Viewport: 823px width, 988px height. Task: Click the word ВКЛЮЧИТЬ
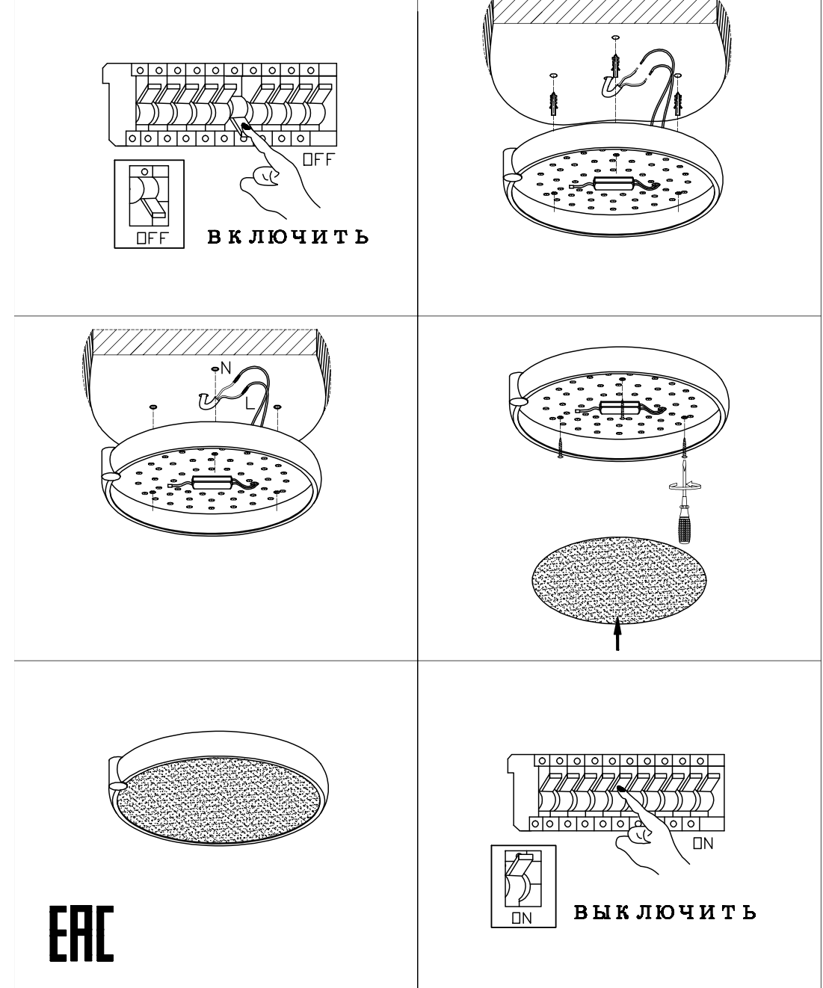tap(288, 237)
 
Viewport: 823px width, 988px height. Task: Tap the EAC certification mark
tap(82, 933)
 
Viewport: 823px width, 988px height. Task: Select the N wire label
tap(226, 368)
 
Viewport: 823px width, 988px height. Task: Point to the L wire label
tap(250, 403)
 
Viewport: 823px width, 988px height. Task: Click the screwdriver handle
tap(683, 524)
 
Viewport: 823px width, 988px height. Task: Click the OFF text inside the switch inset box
tap(152, 238)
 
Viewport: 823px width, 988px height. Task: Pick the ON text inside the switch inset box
tap(522, 918)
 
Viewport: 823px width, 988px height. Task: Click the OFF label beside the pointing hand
tap(318, 159)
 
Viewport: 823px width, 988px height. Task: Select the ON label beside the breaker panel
tap(703, 843)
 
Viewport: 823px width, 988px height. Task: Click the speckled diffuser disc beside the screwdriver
tap(619, 580)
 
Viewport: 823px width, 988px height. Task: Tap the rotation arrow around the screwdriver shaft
tap(684, 485)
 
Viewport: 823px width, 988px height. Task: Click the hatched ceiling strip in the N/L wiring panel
tap(204, 342)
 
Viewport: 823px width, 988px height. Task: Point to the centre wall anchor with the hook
tap(614, 67)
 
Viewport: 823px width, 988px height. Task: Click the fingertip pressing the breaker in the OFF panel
tap(247, 126)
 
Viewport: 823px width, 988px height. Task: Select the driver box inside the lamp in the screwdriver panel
tap(619, 407)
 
